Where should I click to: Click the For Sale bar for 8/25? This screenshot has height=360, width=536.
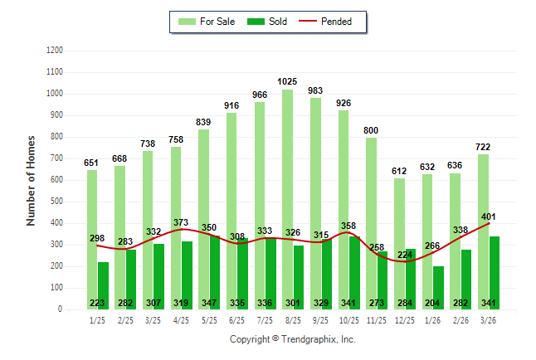pyautogui.click(x=287, y=166)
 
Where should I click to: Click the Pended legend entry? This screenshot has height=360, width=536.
pyautogui.click(x=332, y=22)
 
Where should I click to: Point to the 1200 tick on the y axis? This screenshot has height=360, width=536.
pyautogui.click(x=55, y=51)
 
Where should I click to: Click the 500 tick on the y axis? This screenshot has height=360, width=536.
pyautogui.click(x=56, y=202)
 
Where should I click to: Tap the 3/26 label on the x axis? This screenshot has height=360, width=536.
pyautogui.click(x=489, y=319)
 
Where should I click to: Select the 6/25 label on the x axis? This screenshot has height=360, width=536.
pyautogui.click(x=236, y=319)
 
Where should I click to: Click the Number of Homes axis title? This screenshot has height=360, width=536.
pyautogui.click(x=31, y=180)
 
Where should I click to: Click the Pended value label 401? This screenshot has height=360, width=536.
pyautogui.click(x=489, y=217)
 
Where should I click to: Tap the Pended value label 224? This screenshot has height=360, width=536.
pyautogui.click(x=404, y=255)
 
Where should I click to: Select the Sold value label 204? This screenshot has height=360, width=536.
pyautogui.click(x=433, y=304)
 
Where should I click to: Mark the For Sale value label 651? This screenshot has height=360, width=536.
pyautogui.click(x=91, y=163)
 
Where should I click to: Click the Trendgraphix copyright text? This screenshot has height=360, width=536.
pyautogui.click(x=292, y=339)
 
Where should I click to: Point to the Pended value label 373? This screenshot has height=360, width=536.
pyautogui.click(x=181, y=222)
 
